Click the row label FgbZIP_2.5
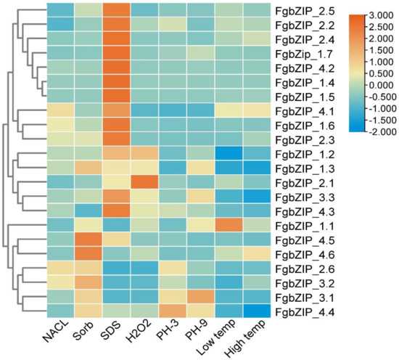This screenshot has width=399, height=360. [305, 12]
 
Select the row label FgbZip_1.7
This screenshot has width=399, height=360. [305, 54]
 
